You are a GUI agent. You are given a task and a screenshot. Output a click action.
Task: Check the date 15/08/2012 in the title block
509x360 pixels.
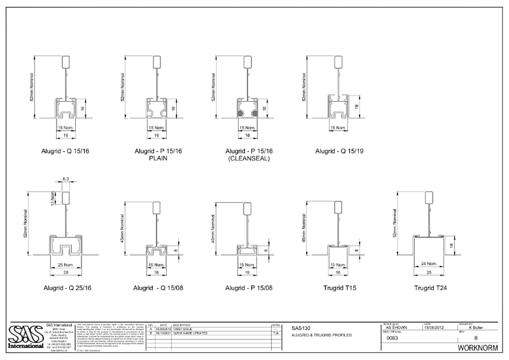click(x=435, y=326)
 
